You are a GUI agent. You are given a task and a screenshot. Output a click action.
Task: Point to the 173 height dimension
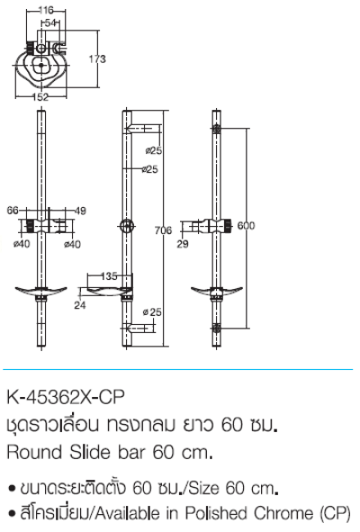97,59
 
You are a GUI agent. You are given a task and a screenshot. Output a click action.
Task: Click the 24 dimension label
80,305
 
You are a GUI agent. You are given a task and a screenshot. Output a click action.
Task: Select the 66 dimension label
12,211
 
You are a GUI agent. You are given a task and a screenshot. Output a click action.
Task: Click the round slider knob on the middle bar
126,225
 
